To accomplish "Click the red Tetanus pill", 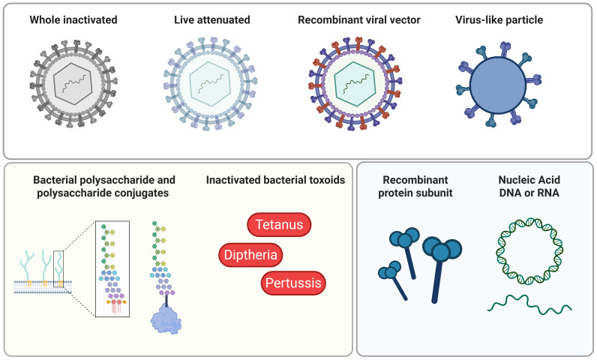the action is [x=279, y=224].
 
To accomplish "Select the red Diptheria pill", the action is [x=250, y=254].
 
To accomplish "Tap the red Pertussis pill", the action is [x=293, y=283].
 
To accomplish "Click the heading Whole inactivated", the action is [x=73, y=19].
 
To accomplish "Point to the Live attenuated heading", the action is [x=212, y=19].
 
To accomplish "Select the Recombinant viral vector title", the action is [x=359, y=19].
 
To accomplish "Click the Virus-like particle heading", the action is [x=499, y=19].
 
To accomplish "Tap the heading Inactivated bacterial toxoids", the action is [x=276, y=179].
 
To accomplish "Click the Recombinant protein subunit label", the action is [x=415, y=186].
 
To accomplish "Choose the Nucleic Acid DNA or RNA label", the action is [x=529, y=186].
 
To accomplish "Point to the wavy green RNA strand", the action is [x=529, y=304].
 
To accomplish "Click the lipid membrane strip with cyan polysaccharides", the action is [x=43, y=287].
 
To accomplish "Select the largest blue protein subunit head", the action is [x=442, y=249].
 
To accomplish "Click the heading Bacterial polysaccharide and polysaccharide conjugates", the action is [x=103, y=186].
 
